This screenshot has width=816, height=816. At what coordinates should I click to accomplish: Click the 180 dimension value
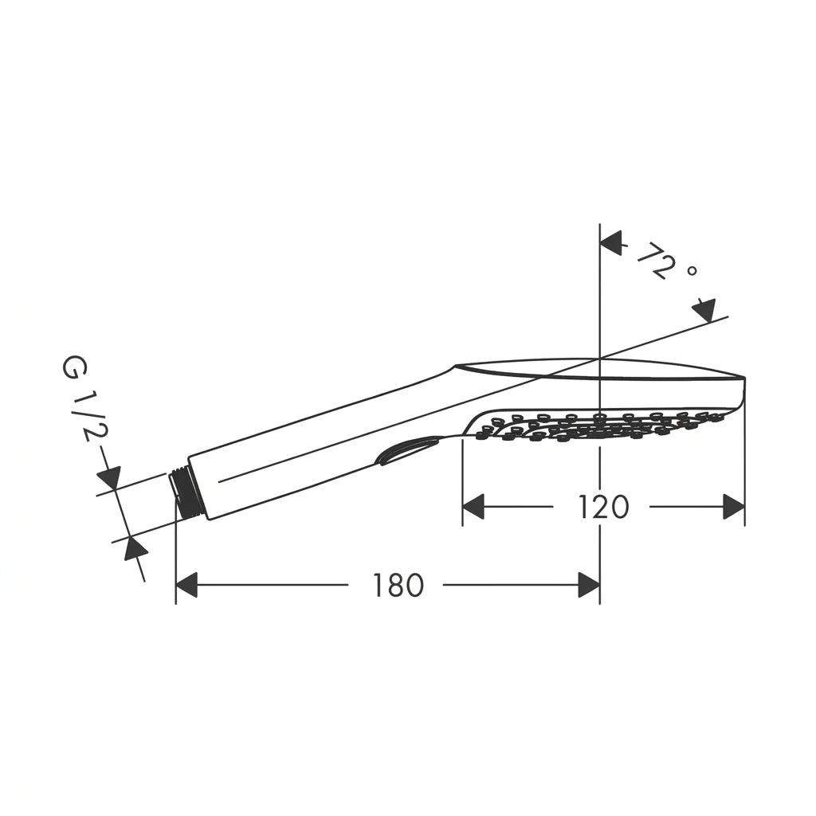pos(398,585)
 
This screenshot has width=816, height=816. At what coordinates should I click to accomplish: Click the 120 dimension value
pos(603,507)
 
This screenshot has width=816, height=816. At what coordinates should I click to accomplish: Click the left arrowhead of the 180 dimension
pos(186,585)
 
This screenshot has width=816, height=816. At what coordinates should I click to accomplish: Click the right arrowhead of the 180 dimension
pos(589,585)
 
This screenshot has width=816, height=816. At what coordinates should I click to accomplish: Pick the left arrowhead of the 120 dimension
pos(473,507)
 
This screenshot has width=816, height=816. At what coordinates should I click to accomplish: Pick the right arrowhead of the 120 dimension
pos(734,507)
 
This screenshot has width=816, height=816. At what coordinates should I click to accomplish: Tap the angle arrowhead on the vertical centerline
pos(611,243)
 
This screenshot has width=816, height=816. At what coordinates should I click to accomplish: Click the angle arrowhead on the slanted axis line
pos(704,311)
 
